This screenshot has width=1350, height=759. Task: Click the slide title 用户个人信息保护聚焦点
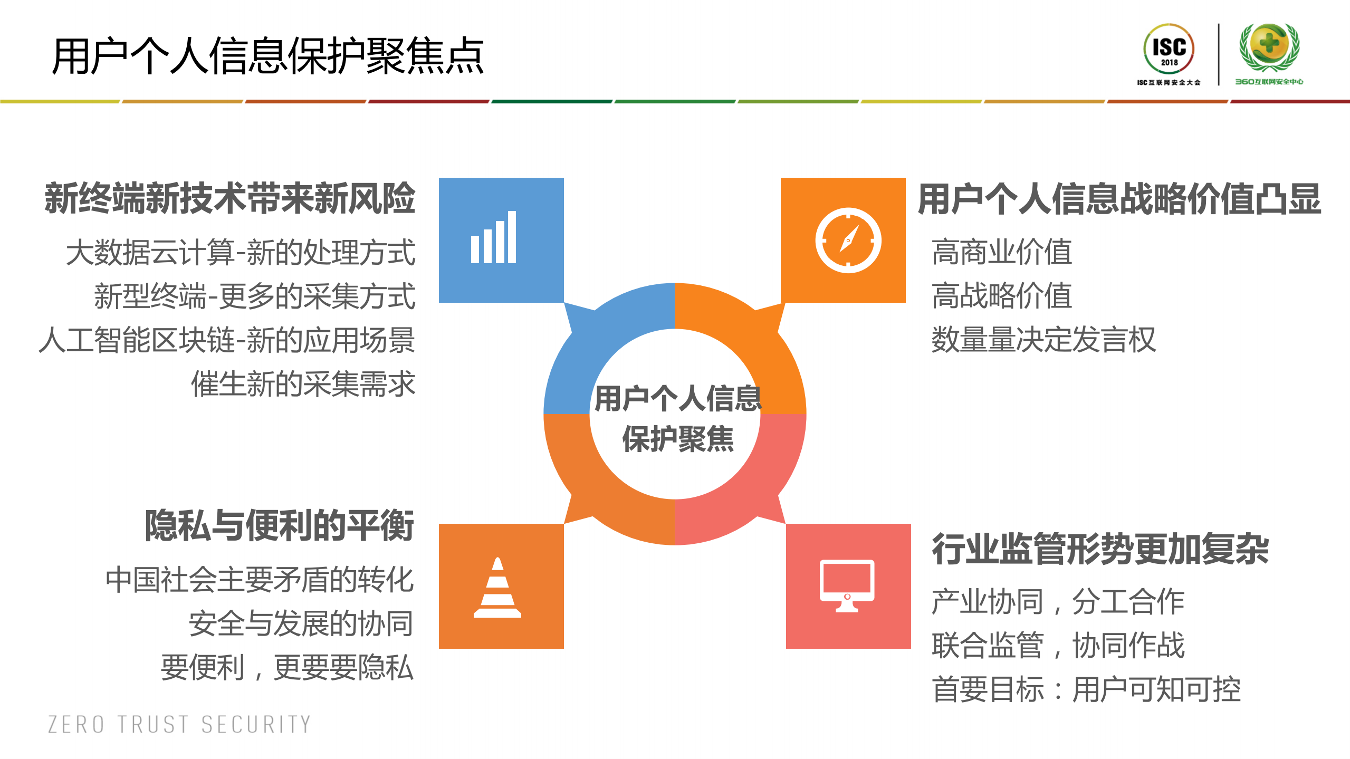267,56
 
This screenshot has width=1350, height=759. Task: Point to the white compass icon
848,241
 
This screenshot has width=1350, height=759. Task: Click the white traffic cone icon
497,588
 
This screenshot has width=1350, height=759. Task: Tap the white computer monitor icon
847,585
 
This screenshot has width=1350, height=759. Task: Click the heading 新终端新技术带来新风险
230,198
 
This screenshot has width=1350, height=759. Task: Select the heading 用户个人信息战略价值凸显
1119,199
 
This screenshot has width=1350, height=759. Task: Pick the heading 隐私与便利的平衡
279,525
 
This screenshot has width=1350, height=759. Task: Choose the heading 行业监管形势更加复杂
1100,549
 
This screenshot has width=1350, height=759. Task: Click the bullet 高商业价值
1002,252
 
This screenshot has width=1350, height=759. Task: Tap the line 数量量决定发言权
1043,340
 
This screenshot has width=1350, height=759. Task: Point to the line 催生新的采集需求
303,383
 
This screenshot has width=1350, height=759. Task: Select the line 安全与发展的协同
301,624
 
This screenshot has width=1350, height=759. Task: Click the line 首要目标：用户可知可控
1086,689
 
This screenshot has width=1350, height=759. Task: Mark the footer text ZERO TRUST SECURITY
179,725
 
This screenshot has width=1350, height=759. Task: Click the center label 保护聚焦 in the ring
677,439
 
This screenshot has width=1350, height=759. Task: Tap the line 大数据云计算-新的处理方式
241,252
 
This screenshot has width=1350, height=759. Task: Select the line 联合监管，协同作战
1058,646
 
